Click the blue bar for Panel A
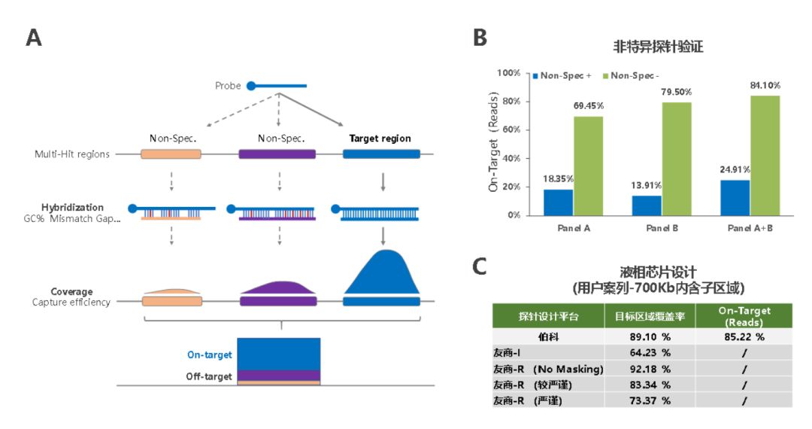558,202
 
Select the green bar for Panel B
677,158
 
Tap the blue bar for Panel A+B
735,197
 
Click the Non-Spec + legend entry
562,76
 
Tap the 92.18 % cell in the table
650,369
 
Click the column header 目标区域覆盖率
650,315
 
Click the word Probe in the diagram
228,86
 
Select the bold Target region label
380,138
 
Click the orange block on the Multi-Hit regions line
171,154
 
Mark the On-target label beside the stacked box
210,354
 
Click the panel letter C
480,266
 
